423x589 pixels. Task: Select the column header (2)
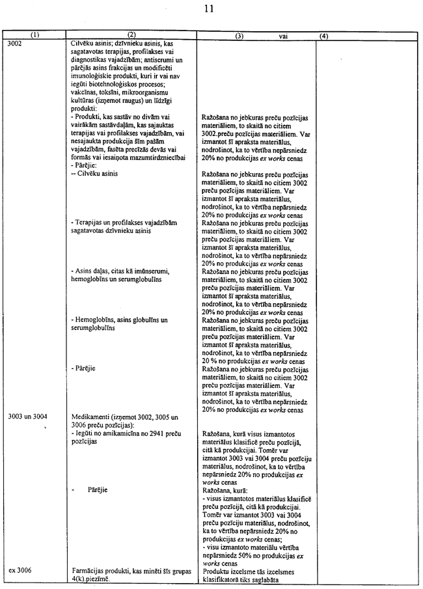pos(131,36)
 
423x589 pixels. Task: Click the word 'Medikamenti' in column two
pos(89,416)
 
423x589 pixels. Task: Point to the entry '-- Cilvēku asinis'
pos(94,174)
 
